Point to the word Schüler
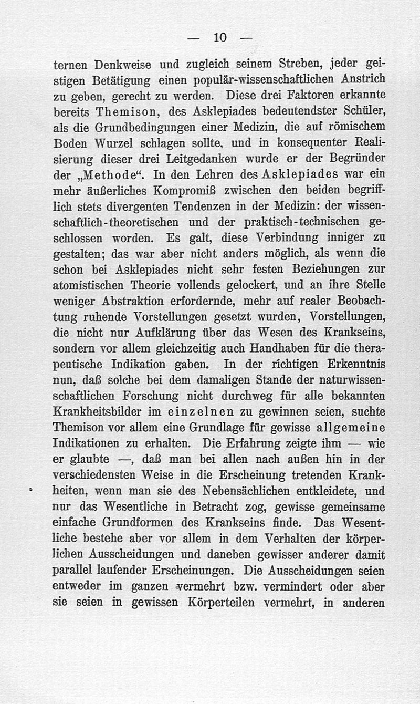360,112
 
